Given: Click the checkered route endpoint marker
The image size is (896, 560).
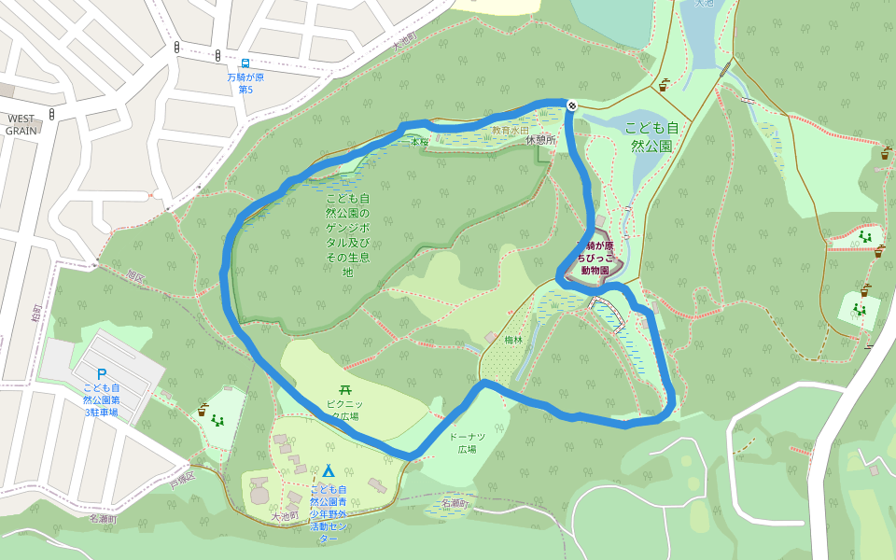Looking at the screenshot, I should tap(571, 105).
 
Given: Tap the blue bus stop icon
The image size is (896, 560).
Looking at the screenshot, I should tap(245, 63).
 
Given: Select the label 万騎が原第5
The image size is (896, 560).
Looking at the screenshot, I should tap(245, 83).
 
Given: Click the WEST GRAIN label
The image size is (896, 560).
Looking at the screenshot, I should tap(21, 125).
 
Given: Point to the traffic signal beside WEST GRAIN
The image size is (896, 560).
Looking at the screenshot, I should tap(52, 114).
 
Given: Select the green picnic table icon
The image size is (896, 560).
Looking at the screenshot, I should tap(344, 389).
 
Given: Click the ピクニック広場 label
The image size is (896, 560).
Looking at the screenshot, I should tap(343, 409).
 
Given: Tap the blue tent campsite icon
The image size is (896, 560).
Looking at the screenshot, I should tap(329, 471).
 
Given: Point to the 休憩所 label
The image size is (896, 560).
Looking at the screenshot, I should tap(540, 139).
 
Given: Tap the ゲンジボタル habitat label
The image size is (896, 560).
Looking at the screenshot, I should tap(347, 235).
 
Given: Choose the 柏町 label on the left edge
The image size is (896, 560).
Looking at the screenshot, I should tap(36, 315).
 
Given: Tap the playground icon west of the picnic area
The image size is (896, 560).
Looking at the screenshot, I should tap(217, 421).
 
